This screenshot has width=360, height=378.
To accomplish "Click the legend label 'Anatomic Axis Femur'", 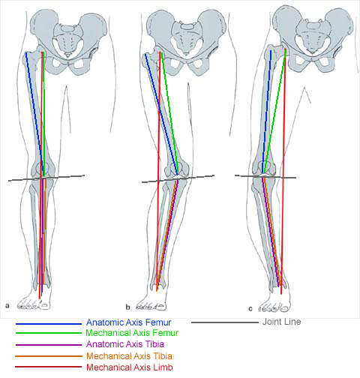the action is tap(128, 322).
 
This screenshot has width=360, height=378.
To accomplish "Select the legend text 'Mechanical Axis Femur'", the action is tap(132, 333).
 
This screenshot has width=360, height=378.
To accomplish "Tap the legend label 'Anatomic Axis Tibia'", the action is tap(125, 344).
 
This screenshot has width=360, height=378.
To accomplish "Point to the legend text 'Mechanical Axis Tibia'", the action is tap(129, 356).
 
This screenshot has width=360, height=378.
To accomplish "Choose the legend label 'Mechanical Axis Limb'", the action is tap(130, 367).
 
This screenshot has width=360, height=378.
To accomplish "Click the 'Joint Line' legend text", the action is tap(282, 322).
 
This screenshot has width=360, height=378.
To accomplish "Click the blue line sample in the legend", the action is tap(49, 324).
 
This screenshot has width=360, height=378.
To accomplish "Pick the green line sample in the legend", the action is tap(49, 333).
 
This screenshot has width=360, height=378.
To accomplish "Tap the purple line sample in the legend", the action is tap(49, 345).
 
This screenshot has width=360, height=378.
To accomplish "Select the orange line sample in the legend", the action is tap(49, 356).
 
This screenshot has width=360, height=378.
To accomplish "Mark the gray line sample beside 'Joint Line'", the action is tap(225, 322).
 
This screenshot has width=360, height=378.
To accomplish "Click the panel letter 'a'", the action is tap(7, 305).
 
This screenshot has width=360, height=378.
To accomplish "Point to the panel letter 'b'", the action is tap(127, 307).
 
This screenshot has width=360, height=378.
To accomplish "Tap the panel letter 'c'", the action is tap(250, 309).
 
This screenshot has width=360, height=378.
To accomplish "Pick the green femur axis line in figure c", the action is tap(274, 112).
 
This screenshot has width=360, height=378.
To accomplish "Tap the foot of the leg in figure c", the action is tap(275, 300).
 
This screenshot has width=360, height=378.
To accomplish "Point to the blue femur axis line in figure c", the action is tap(266, 112).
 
